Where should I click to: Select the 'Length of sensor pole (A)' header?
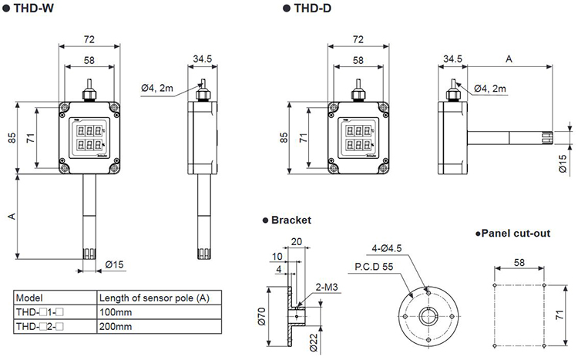pos(153,298)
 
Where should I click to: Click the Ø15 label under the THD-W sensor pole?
pos(113,265)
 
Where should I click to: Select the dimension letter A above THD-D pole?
pos(509,59)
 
